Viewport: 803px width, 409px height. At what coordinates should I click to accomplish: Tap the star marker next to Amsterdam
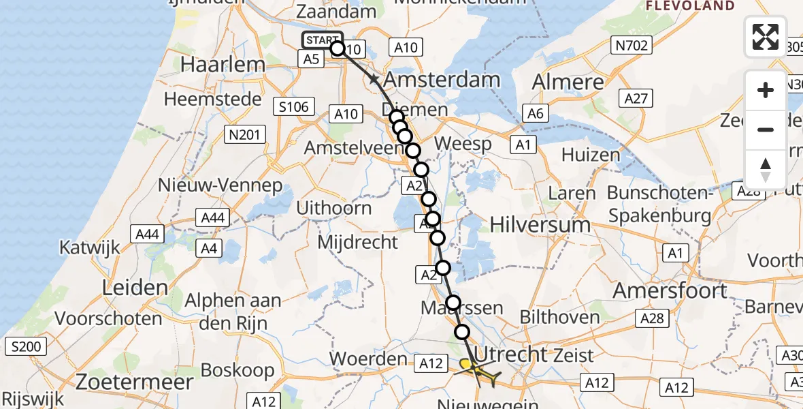(x=374, y=80)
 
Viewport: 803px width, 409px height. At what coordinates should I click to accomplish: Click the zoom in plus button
(x=766, y=91)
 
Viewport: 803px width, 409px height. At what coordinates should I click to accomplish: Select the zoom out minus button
(x=766, y=130)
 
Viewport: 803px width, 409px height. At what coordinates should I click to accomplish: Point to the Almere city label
(x=568, y=82)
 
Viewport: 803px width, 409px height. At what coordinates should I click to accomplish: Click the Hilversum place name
(x=541, y=224)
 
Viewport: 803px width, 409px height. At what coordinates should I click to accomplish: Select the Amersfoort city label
(x=670, y=290)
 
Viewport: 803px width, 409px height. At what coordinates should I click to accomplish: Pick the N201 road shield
(x=245, y=135)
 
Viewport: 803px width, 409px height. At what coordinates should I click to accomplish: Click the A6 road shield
(x=535, y=113)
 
